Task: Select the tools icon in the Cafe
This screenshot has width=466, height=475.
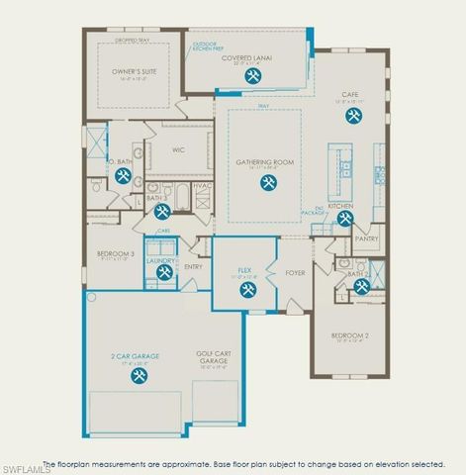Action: (353, 116)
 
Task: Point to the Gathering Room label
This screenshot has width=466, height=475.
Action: (264, 161)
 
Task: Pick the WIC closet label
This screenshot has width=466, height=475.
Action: (178, 150)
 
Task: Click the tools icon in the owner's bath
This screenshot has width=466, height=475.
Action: (124, 176)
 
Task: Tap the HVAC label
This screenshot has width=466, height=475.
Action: (202, 185)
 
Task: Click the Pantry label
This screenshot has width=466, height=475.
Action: (366, 237)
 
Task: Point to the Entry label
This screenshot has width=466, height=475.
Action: (221, 265)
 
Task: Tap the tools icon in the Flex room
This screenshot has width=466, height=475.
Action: (247, 290)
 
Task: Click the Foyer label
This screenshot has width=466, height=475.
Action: (295, 272)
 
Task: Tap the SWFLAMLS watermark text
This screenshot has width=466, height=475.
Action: (26, 467)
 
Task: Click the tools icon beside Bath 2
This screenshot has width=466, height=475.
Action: (362, 287)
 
